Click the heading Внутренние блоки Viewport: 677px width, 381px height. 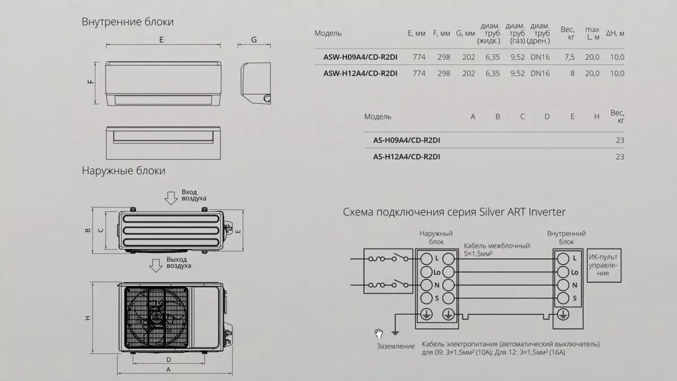tap(128, 22)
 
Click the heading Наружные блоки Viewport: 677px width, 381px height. tap(124, 171)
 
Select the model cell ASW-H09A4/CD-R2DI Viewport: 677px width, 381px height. tap(361, 57)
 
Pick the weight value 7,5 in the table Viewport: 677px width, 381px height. tap(569, 57)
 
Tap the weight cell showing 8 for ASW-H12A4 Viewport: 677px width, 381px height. tap(572, 73)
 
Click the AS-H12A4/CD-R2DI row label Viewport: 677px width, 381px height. tap(407, 157)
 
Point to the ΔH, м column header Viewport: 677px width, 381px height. tap(615, 33)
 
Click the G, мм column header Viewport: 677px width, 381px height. tap(465, 33)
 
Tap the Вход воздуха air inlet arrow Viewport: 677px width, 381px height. tap(171, 198)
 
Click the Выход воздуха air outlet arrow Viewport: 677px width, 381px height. tap(156, 265)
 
